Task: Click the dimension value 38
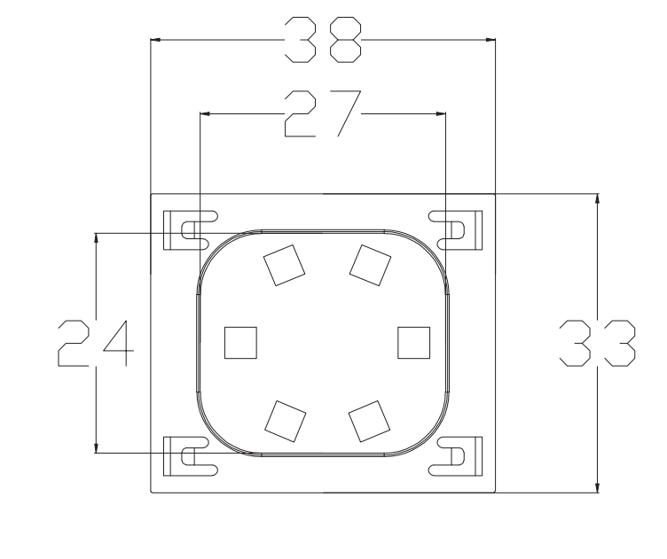[x=322, y=40]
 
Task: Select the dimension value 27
[x=322, y=114]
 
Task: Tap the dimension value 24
[x=93, y=344]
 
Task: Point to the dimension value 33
[x=599, y=344]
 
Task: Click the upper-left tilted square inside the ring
[x=284, y=265]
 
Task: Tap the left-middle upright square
[x=239, y=342]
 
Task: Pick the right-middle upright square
[x=412, y=342]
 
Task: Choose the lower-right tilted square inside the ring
[x=369, y=420]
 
